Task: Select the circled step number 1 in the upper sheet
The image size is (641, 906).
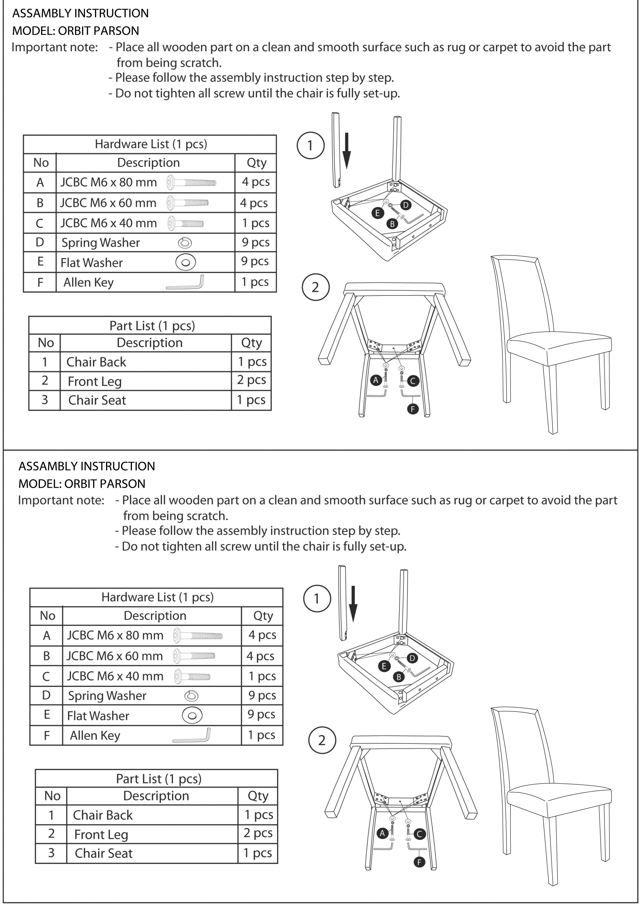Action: (310, 145)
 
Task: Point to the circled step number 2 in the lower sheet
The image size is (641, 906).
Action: (322, 740)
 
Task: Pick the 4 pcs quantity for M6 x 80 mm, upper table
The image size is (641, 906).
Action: (256, 182)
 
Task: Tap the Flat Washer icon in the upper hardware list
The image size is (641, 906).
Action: (186, 262)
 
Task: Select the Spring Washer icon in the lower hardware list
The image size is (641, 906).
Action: (192, 696)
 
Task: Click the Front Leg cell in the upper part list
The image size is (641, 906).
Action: (95, 381)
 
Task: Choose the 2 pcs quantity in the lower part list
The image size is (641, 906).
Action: (258, 833)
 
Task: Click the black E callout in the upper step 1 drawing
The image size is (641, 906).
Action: (377, 213)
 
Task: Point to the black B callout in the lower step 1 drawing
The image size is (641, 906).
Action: (399, 677)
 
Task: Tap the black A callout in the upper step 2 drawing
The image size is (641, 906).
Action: (376, 380)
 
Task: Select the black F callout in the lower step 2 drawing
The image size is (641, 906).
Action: (419, 862)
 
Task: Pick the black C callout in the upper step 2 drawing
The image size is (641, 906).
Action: (413, 381)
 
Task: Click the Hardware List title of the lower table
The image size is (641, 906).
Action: (157, 597)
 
